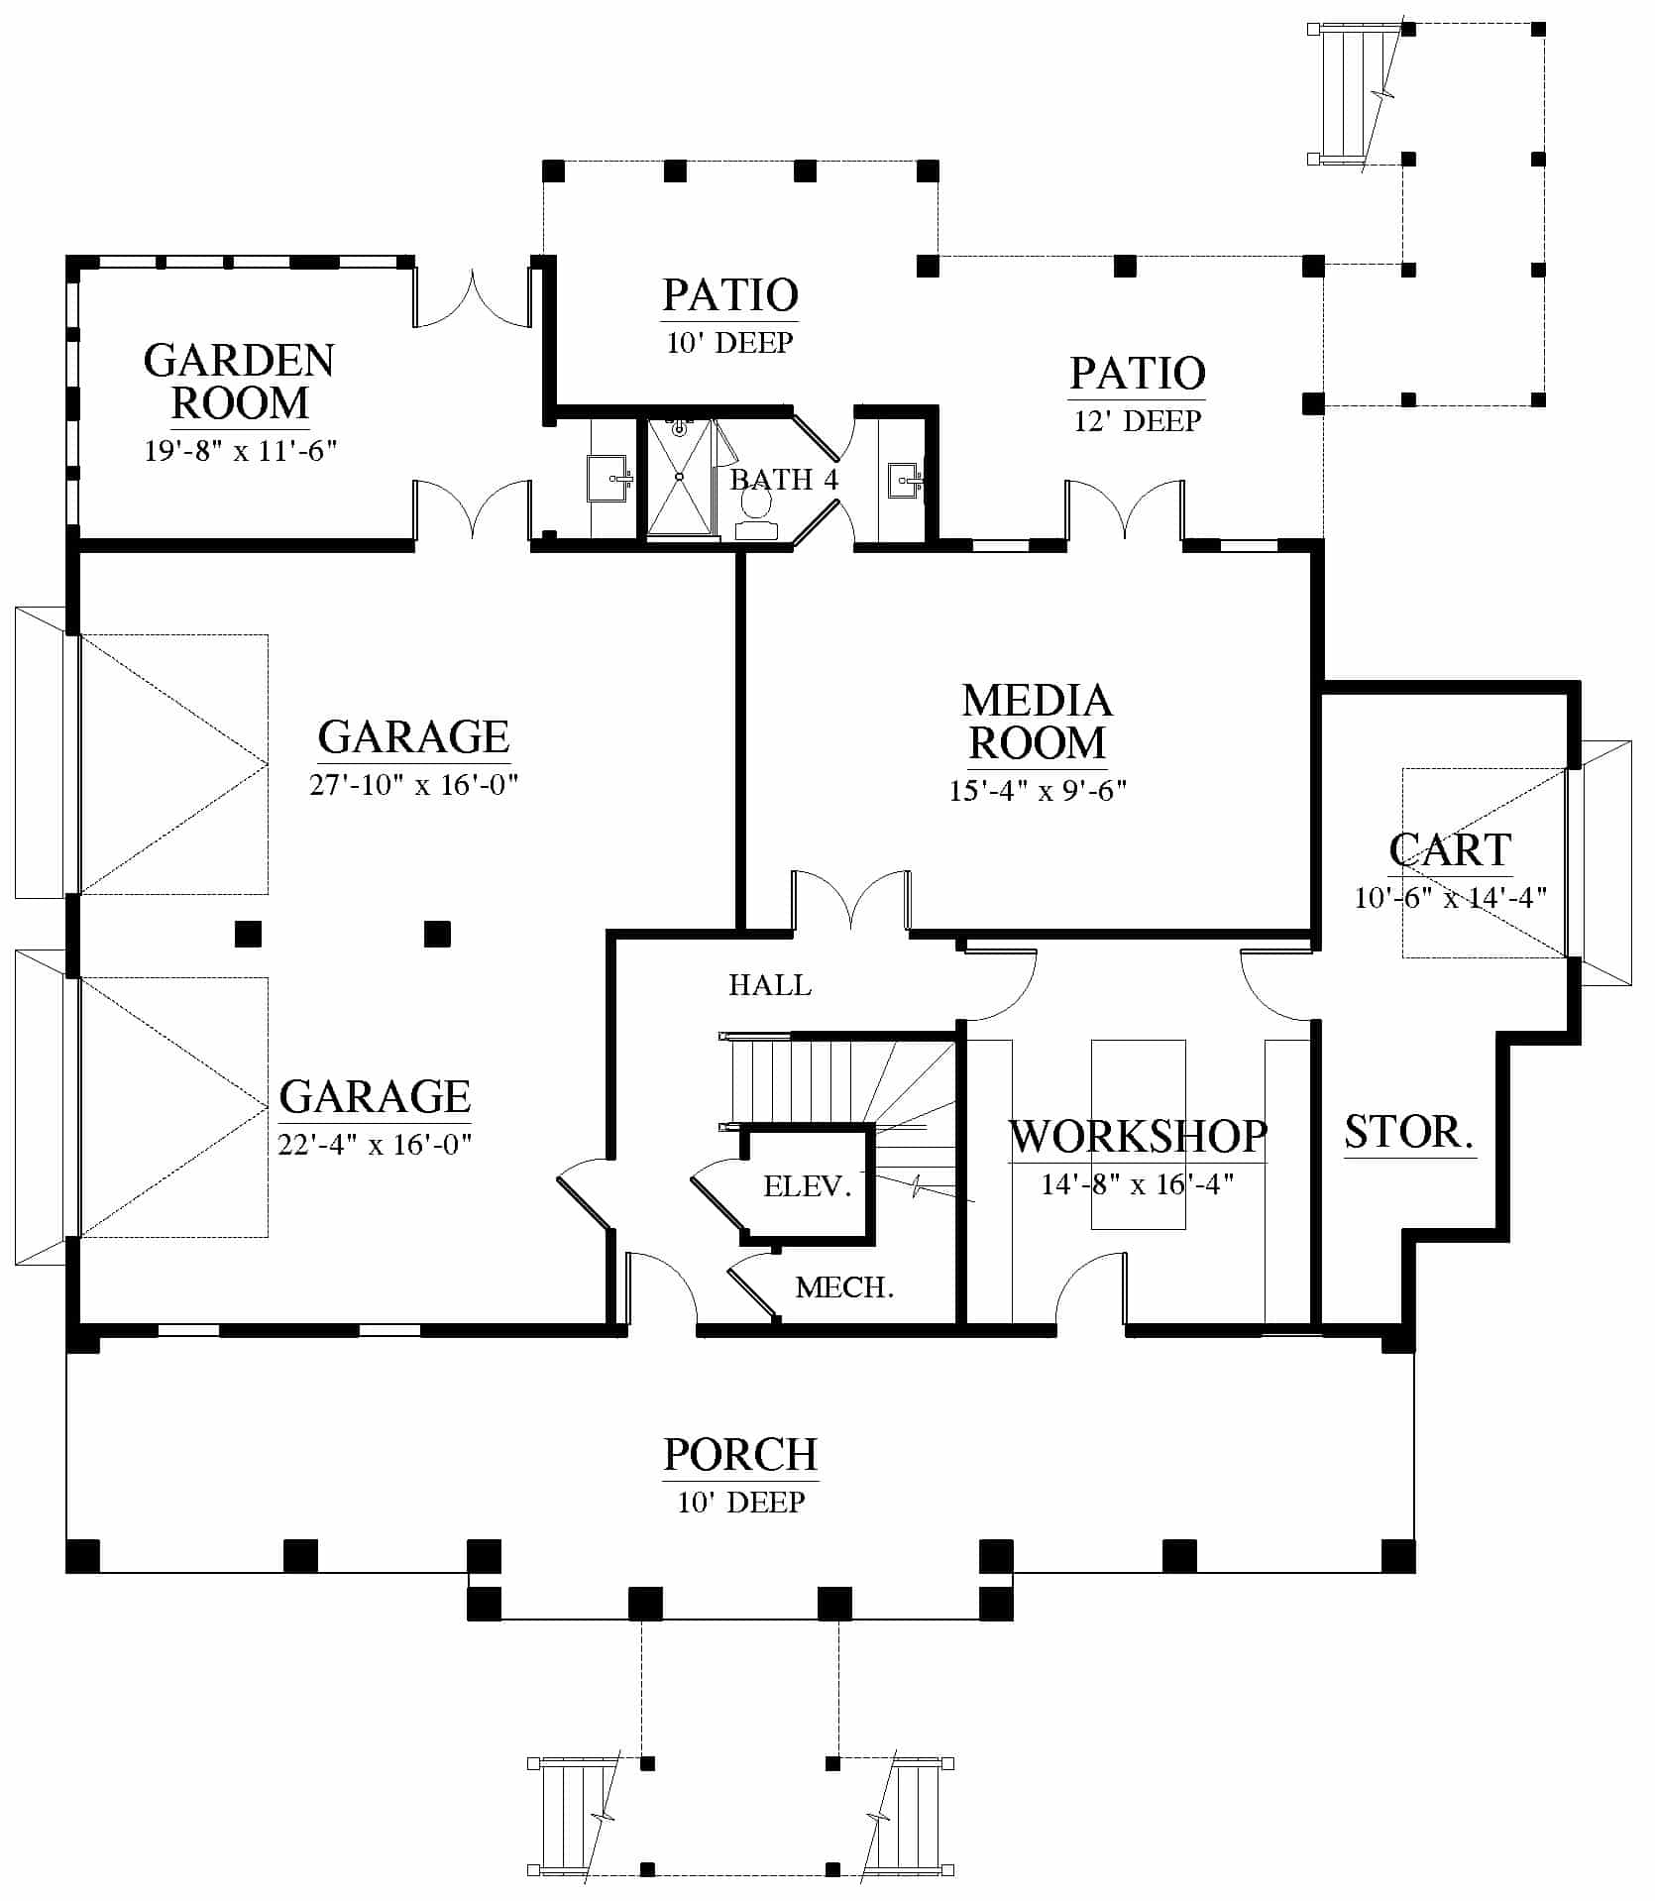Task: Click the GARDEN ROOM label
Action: coord(240,383)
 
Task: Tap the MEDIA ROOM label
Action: coord(1038,722)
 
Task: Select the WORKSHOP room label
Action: coord(1138,1137)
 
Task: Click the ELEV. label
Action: coord(808,1186)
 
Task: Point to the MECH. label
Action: coord(845,1287)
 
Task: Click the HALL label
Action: coord(770,985)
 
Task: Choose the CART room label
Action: coord(1450,850)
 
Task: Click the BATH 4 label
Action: coord(784,480)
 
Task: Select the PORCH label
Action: coord(740,1455)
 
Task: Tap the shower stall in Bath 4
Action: coord(680,477)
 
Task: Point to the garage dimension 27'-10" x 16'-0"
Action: coord(414,785)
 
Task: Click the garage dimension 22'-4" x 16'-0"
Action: coord(375,1145)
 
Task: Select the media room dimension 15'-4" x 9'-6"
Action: coord(1038,790)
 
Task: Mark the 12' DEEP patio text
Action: coord(1138,421)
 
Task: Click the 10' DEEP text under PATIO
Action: coord(729,343)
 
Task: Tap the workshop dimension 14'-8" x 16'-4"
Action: coord(1138,1183)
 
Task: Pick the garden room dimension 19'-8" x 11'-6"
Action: coord(241,451)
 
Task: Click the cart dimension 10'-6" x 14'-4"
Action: coord(1450,897)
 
